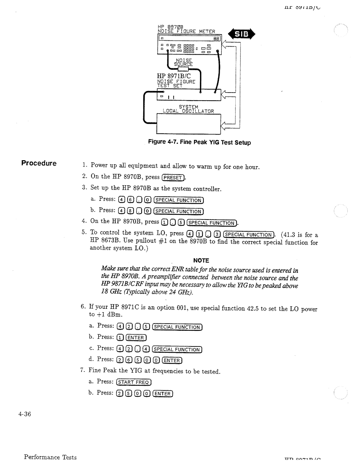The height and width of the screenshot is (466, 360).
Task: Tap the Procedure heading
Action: pos(39,163)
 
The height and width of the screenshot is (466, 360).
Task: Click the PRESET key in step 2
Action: pos(173,178)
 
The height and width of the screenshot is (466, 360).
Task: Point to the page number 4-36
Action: pos(29,414)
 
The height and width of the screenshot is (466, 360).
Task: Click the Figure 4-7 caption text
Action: pos(199,143)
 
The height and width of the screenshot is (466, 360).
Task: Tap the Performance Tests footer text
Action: pos(50,457)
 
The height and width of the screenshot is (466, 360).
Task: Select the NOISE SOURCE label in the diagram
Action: pos(183,62)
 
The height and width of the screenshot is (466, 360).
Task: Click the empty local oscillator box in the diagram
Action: pos(188,124)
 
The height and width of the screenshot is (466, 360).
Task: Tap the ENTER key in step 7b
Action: pos(163,394)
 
